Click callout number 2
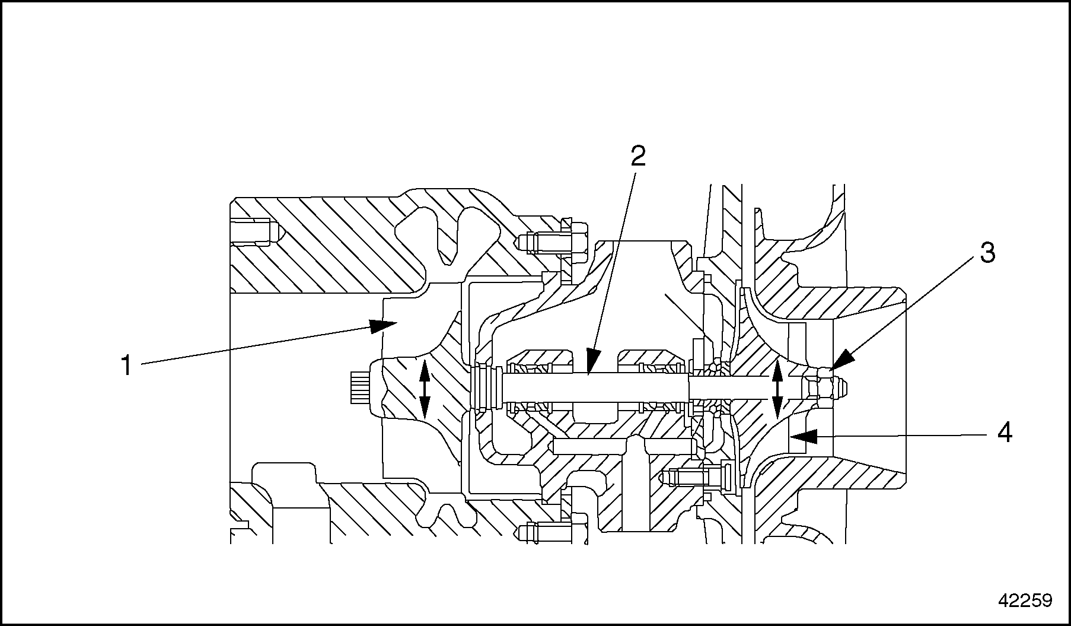(x=638, y=156)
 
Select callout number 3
(x=987, y=253)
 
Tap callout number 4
(x=1004, y=433)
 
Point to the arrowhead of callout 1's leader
(x=383, y=325)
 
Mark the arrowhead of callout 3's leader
(x=842, y=361)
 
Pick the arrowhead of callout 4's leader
(x=804, y=437)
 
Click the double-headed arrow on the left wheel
(x=425, y=389)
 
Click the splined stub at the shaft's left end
(x=359, y=389)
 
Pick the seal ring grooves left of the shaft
(x=487, y=389)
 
